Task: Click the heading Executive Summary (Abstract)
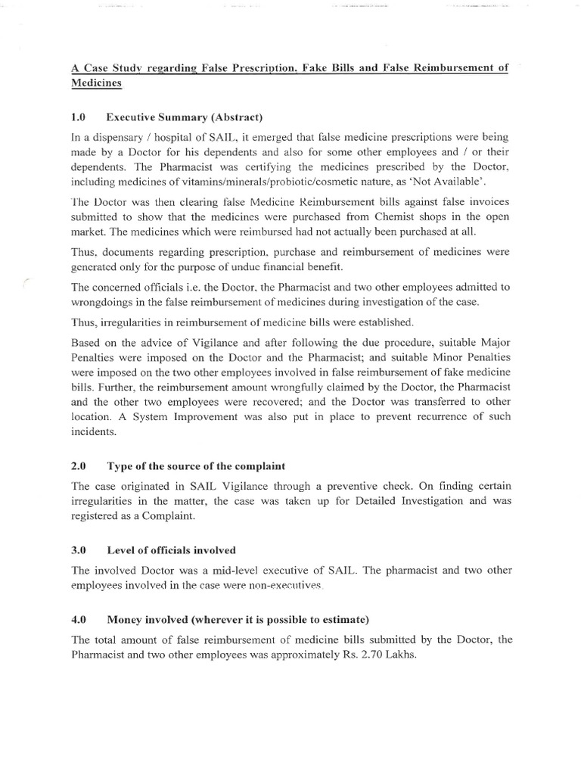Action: click(184, 117)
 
